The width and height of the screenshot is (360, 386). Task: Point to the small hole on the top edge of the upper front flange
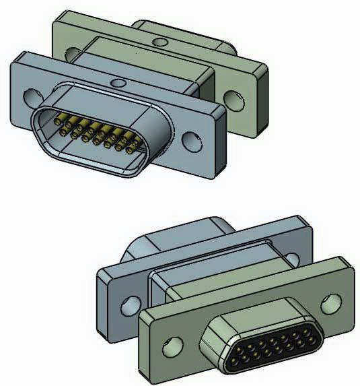(x=118, y=84)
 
